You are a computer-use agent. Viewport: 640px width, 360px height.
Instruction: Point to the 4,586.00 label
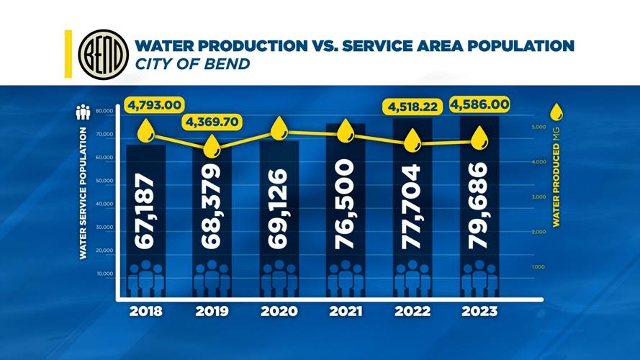tap(479, 105)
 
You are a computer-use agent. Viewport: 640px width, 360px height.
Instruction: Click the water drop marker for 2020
tap(279, 130)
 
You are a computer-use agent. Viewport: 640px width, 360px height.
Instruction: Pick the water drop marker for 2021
tap(346, 131)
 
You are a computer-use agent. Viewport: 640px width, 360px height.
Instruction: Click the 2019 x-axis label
tap(212, 312)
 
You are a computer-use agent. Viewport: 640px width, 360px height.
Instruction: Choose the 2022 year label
tap(412, 312)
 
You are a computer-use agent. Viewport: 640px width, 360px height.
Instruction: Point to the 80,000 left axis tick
tap(104, 112)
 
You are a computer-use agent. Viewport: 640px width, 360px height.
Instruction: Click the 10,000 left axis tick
tap(105, 274)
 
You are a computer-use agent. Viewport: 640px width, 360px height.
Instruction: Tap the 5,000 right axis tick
tap(538, 127)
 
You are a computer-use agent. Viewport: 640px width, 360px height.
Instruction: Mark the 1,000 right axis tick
tap(538, 267)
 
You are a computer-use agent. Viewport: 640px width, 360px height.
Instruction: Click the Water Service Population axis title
tap(83, 193)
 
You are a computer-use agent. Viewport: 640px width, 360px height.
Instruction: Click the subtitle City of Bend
tap(192, 64)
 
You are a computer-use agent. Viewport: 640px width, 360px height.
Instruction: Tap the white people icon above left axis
tap(84, 112)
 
